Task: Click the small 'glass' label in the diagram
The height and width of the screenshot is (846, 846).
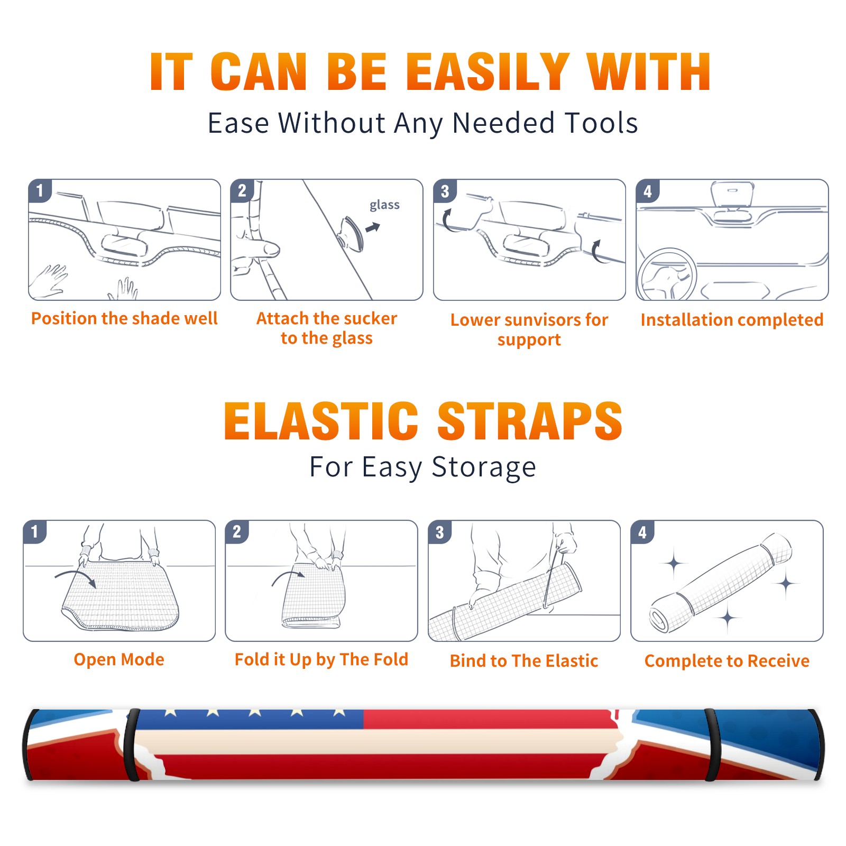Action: click(x=384, y=205)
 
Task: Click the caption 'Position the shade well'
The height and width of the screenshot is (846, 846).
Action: click(x=124, y=318)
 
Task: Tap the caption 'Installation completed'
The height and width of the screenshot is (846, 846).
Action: click(x=732, y=320)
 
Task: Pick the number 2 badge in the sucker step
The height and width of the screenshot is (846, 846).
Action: click(x=242, y=190)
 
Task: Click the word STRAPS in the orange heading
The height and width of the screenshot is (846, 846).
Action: click(x=530, y=421)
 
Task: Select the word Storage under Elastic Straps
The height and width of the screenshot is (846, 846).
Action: click(x=484, y=467)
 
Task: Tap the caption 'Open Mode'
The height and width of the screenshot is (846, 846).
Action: click(x=119, y=659)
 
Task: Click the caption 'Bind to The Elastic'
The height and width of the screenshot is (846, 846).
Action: click(x=524, y=661)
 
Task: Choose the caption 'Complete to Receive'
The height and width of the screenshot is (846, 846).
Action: click(x=727, y=661)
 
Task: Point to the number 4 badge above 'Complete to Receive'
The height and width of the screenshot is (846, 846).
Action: click(x=642, y=532)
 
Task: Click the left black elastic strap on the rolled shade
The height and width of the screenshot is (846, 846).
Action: click(x=131, y=744)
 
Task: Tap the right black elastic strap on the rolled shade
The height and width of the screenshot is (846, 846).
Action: click(x=711, y=744)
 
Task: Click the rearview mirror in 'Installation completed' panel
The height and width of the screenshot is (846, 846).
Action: click(x=732, y=195)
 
